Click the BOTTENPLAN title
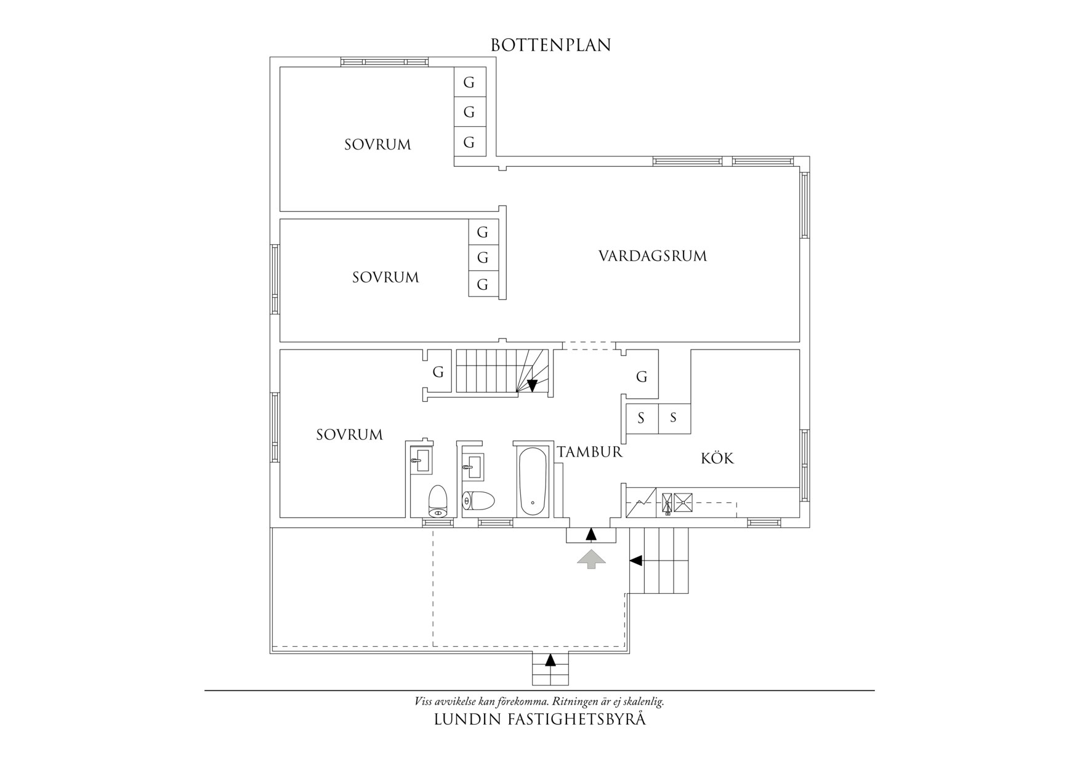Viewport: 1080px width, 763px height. coord(550,46)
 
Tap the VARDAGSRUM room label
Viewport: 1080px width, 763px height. coord(652,256)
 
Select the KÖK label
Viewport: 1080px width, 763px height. coord(717,458)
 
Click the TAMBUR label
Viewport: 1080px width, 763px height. coord(590,452)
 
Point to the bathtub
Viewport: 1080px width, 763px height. coord(532,482)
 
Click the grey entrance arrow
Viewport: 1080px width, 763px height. coord(591,559)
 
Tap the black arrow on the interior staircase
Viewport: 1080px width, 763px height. coord(532,385)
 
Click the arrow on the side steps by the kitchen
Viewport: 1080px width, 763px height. coord(636,561)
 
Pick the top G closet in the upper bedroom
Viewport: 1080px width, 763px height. coord(469,82)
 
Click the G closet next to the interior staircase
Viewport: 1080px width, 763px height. coord(438,372)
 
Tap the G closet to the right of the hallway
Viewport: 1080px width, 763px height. coord(642,377)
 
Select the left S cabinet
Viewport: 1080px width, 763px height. coord(641,418)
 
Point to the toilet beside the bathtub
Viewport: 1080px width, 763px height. coord(478,501)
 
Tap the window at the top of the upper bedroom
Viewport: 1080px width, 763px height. coord(384,62)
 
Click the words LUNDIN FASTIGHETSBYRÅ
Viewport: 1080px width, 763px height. coord(540,719)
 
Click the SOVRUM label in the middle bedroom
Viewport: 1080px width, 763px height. coord(385,278)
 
